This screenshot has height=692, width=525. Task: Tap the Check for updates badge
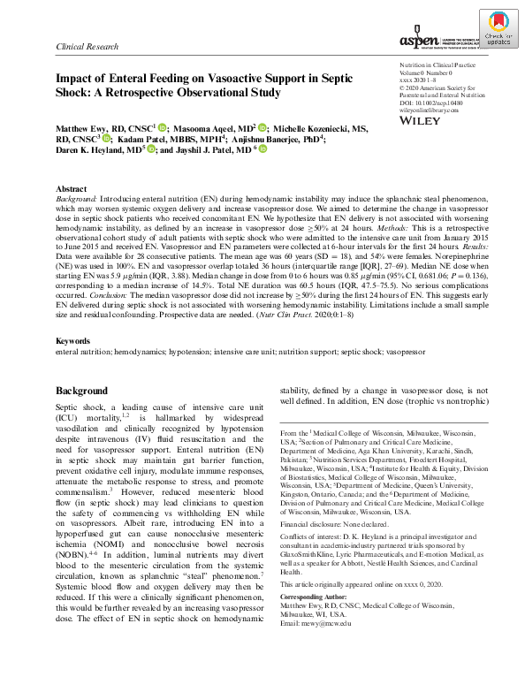click(498, 32)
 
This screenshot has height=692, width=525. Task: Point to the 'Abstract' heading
click(72, 190)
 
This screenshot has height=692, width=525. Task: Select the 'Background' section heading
click(82, 414)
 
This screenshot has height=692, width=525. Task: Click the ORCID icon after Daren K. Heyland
click(152, 150)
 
